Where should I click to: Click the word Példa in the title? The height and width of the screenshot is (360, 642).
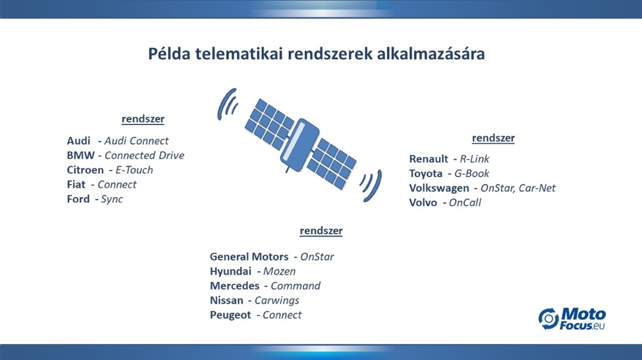click(169, 54)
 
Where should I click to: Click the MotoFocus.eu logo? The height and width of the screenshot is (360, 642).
click(572, 319)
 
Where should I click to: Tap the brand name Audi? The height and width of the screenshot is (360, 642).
click(78, 141)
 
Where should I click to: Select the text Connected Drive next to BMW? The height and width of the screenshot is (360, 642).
click(144, 155)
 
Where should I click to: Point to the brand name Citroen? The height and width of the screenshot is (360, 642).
click(85, 170)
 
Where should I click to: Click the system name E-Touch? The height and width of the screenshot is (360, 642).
click(134, 170)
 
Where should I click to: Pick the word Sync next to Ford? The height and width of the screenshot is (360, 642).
click(112, 199)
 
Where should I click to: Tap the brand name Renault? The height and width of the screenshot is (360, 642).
click(429, 159)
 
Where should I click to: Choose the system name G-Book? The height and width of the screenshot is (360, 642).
click(472, 173)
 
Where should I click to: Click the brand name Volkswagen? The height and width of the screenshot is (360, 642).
click(439, 188)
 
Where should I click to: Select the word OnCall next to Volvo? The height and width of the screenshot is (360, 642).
click(465, 203)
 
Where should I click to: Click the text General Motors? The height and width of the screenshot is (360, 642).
click(249, 257)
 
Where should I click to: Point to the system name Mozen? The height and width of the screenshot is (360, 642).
click(279, 271)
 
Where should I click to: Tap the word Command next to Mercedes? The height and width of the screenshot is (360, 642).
click(295, 286)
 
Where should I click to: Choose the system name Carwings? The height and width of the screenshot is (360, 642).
click(277, 301)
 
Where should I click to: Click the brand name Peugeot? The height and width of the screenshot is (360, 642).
click(230, 315)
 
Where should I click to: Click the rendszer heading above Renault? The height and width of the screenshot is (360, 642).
click(493, 138)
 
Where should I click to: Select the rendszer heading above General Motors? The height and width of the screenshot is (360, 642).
click(321, 231)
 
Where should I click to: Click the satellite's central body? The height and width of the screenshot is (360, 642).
click(300, 145)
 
